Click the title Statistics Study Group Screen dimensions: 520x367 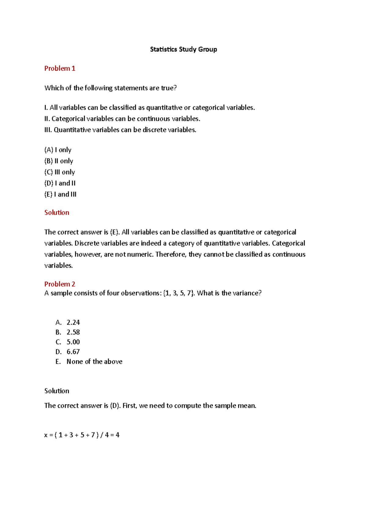pos(183,50)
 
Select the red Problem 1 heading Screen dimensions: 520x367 pos(60,69)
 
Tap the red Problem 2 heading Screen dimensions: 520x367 pos(60,284)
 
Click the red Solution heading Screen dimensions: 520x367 pos(57,213)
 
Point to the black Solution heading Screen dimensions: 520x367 pos(57,391)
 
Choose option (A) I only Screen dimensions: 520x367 pos(58,150)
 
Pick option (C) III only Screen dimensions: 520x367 pos(60,172)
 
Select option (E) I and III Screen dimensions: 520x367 pos(60,194)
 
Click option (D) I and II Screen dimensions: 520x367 pos(60,183)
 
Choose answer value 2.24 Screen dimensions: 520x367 pos(73,322)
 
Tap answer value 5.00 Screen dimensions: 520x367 pos(73,342)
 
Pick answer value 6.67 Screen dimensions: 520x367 pos(73,352)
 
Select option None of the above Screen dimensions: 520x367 pos(94,362)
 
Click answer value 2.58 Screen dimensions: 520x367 pos(73,332)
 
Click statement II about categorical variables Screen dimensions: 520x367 pos(122,119)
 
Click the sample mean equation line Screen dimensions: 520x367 pos(82,435)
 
